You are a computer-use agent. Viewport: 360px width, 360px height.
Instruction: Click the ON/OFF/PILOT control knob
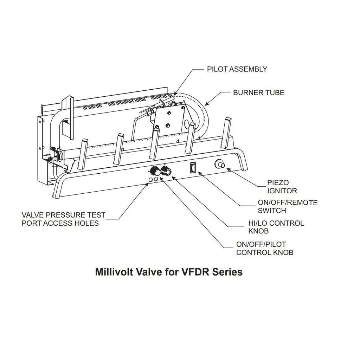coord(155,172)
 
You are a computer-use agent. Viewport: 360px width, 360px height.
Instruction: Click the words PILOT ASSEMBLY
coord(237,69)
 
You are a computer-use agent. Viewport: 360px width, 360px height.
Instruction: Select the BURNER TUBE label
coord(259,93)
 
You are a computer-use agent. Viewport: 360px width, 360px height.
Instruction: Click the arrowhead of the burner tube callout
coord(206,104)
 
